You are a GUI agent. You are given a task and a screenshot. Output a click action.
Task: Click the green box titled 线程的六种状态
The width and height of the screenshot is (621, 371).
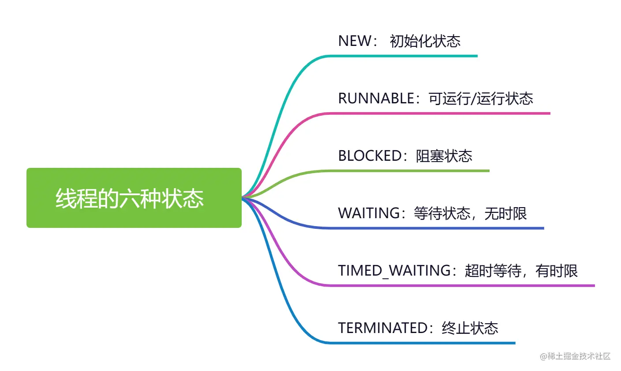[134, 198]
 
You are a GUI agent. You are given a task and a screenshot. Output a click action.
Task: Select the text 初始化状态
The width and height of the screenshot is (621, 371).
[425, 41]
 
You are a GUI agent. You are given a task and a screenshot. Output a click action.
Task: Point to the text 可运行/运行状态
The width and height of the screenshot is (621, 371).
[481, 98]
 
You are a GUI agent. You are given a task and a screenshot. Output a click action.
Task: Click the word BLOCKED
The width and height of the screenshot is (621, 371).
[369, 156]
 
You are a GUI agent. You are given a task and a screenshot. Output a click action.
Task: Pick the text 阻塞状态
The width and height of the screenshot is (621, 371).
[444, 156]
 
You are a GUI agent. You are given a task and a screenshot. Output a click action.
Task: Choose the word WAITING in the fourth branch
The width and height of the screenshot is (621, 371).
[369, 213]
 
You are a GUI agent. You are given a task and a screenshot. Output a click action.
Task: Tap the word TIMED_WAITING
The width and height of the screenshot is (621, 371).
[394, 271]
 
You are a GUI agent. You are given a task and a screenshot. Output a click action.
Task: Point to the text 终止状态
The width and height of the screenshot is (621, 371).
[470, 328]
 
